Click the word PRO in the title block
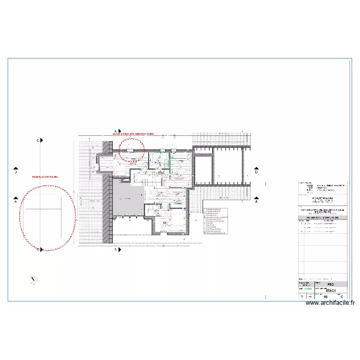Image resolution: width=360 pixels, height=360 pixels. tap(330, 284)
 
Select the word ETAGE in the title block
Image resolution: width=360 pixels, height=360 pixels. tap(330, 290)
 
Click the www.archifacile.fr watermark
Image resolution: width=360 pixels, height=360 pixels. tap(330, 303)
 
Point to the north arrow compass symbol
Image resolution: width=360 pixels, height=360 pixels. tap(34, 279)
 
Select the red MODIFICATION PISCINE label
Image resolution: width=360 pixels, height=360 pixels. tap(44, 177)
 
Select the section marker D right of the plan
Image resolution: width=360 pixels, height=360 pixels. tap(256, 171)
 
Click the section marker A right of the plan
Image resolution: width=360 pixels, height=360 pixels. tap(256, 202)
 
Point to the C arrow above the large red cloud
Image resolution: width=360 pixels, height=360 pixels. tap(41, 140)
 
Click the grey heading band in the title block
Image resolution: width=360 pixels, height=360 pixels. tap(323, 217)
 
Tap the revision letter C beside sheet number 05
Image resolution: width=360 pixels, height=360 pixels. tap(341, 297)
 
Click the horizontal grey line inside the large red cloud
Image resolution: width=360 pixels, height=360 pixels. tap(43, 209)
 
